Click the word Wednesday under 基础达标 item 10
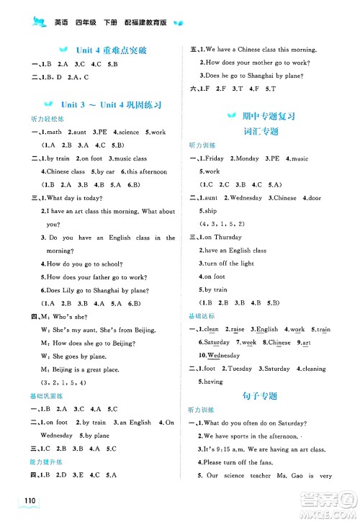222,356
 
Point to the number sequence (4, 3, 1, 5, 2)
223,223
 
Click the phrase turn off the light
228,263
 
